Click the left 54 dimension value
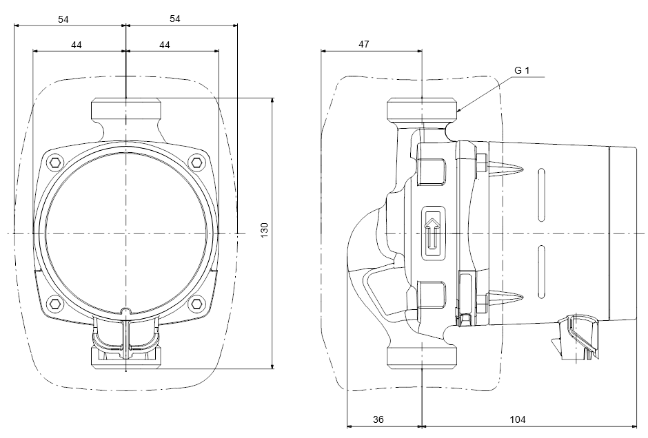coord(63,19)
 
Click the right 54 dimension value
coord(174,19)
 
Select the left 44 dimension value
coord(77,44)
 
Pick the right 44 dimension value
coord(165,44)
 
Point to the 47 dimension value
coord(364,44)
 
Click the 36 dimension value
coord(379,419)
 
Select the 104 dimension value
coord(518,419)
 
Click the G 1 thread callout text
coord(522,70)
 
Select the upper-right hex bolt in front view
coord(197,163)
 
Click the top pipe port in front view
coord(126,110)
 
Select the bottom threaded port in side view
coord(422,357)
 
